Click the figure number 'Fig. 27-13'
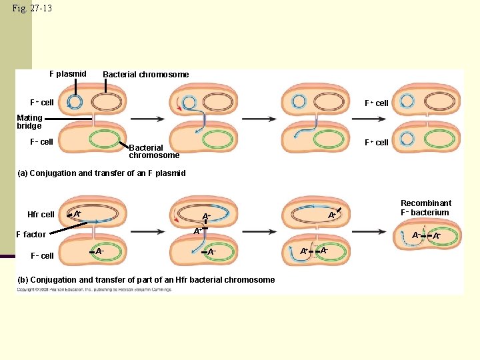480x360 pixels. click(32, 9)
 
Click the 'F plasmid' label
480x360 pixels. click(68, 74)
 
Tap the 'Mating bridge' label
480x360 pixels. click(29, 122)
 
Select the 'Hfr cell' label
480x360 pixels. click(41, 215)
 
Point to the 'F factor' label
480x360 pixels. click(31, 235)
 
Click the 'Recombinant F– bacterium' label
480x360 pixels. click(425, 208)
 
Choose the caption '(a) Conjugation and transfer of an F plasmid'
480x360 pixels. click(101, 173)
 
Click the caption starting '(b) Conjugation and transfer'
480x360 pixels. click(146, 280)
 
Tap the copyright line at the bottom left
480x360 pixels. click(85, 290)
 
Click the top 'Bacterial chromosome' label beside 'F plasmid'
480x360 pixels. click(145, 75)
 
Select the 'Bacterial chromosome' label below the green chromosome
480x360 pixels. click(154, 151)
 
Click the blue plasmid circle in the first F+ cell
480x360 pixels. click(75, 102)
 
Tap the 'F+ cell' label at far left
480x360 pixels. click(41, 103)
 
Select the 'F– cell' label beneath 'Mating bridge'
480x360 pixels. click(41, 142)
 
